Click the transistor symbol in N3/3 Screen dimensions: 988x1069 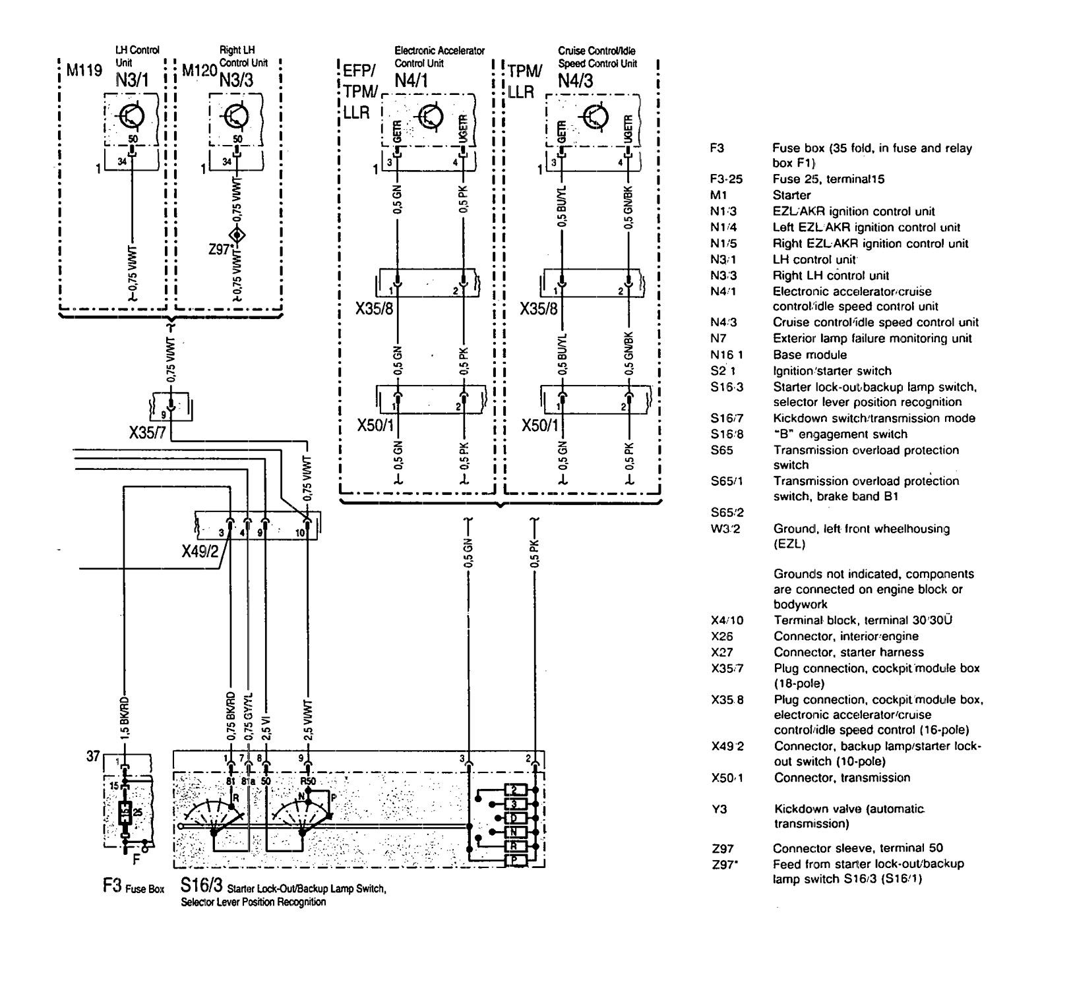[x=235, y=117]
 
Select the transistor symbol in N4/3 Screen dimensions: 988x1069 [x=595, y=117]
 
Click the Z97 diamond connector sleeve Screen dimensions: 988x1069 [x=235, y=236]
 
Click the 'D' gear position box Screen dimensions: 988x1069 [x=515, y=818]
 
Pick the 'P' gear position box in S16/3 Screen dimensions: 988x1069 [x=515, y=861]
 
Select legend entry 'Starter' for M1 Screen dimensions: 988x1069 [x=791, y=195]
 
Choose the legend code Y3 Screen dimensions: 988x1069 [x=719, y=809]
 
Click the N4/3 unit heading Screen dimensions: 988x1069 [x=575, y=80]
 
